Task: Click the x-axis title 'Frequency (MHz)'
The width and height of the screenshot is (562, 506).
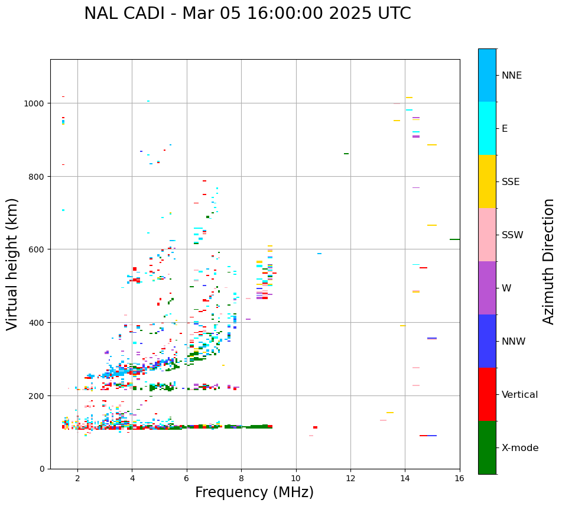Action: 254,492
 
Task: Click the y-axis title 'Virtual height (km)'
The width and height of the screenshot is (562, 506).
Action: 12,264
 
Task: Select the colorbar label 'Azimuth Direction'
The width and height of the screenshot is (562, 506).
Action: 549,261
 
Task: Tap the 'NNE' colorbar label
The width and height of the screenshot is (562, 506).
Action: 512,76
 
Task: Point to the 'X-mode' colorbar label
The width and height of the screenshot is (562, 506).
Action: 520,448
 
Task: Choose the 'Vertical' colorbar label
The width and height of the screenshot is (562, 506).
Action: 520,395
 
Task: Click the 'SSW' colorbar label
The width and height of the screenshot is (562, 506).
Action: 512,235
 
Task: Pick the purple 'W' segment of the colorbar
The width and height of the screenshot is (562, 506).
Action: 487,288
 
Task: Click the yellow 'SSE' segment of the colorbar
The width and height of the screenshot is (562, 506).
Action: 487,181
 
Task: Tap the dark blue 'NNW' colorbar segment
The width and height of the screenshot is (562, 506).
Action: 487,341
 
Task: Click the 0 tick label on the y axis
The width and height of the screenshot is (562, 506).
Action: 42,469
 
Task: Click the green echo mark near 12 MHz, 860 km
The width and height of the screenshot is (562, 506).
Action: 346,154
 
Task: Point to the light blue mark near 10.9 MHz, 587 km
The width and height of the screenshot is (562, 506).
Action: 319,254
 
